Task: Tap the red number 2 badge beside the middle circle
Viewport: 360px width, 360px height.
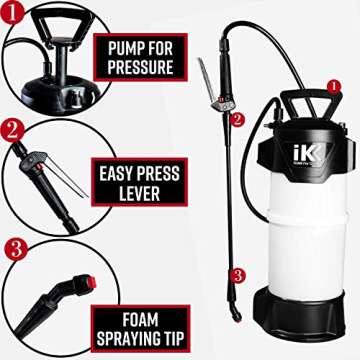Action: click(11, 130)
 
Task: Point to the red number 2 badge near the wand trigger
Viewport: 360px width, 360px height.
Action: click(237, 119)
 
